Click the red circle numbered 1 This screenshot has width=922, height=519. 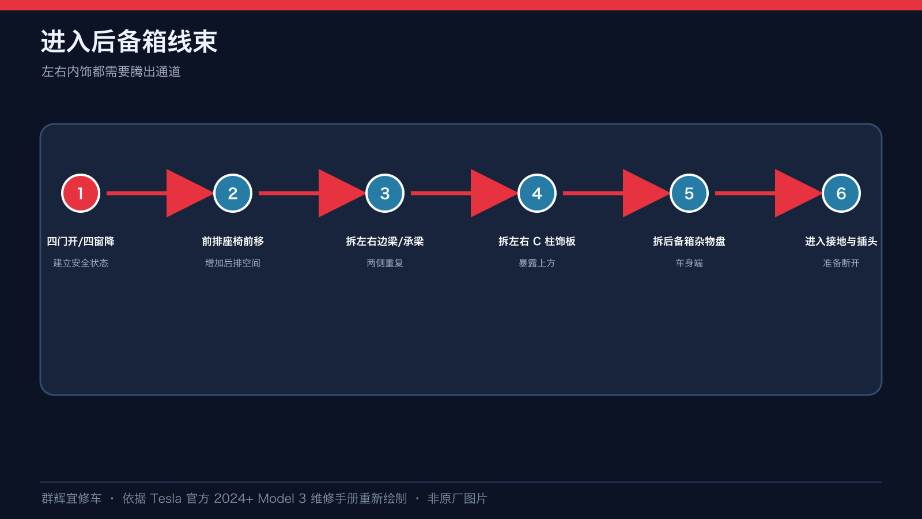pyautogui.click(x=81, y=193)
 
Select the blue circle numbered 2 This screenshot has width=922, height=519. pyautogui.click(x=233, y=193)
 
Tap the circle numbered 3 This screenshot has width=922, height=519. pyautogui.click(x=385, y=193)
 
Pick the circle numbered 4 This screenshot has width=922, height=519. pyautogui.click(x=536, y=193)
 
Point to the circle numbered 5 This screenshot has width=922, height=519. pyautogui.click(x=689, y=193)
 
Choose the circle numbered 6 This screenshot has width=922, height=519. pyautogui.click(x=841, y=193)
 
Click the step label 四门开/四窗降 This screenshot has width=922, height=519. pyautogui.click(x=81, y=242)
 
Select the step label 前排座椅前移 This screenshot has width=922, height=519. pyautogui.click(x=233, y=242)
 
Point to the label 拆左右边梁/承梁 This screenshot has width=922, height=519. pyautogui.click(x=385, y=242)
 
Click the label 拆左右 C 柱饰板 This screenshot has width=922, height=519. pyautogui.click(x=536, y=242)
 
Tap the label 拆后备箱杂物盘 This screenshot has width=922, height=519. pyautogui.click(x=689, y=242)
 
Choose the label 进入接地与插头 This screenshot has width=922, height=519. pyautogui.click(x=841, y=242)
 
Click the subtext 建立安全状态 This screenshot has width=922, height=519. pyautogui.click(x=81, y=263)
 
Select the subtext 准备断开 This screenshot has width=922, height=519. pyautogui.click(x=841, y=263)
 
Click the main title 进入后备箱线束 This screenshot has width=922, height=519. pyautogui.click(x=129, y=42)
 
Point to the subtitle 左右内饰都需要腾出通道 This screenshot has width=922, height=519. pyautogui.click(x=111, y=72)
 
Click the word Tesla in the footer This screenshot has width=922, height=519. pyautogui.click(x=165, y=498)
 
